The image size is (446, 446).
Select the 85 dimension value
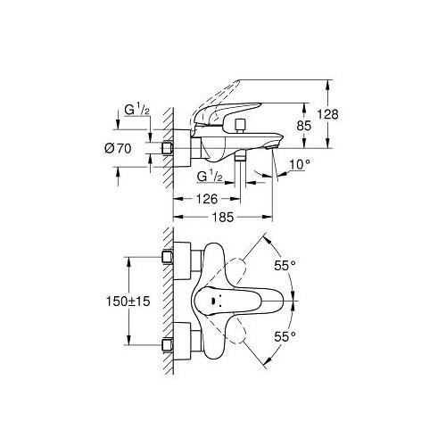pos(304,128)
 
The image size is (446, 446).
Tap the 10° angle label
pos(301,165)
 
